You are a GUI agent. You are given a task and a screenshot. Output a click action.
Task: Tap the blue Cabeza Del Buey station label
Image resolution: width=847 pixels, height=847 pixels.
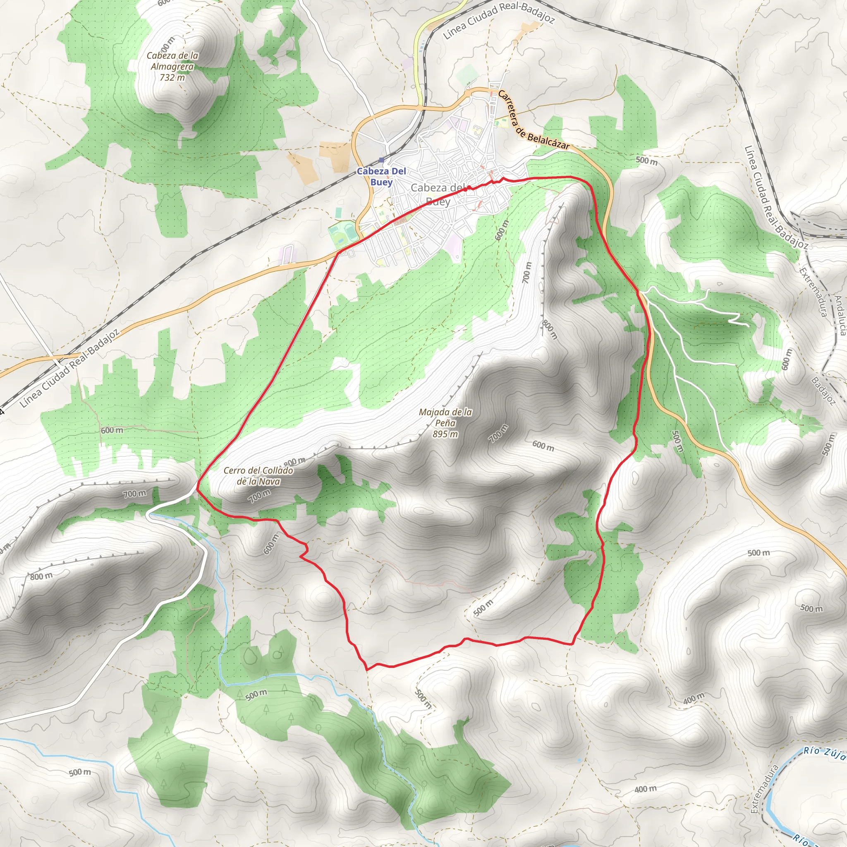tap(381, 176)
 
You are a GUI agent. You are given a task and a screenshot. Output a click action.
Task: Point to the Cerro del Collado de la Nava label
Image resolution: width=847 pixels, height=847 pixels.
tap(258, 476)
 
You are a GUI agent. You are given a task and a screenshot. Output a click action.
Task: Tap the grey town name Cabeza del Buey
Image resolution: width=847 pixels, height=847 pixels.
tap(438, 194)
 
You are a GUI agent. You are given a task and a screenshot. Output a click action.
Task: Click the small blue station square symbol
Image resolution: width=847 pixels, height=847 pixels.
tap(381, 160)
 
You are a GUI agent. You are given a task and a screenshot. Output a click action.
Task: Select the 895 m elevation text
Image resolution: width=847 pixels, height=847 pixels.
tap(445, 434)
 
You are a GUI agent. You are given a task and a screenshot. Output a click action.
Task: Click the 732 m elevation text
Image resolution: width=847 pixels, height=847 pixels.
tap(172, 78)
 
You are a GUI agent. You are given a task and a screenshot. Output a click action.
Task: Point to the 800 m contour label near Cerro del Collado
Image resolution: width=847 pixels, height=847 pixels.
tap(294, 461)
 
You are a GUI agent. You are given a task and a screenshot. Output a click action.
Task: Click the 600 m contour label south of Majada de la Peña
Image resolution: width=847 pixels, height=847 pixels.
tap(543, 446)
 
